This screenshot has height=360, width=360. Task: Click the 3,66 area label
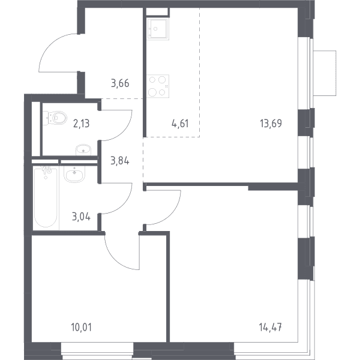(x=120, y=83)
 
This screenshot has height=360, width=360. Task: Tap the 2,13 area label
(x=81, y=124)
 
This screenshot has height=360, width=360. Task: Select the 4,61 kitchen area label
(x=180, y=124)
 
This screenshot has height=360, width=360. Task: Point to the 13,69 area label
(x=271, y=123)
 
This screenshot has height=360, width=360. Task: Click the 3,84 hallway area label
(x=120, y=161)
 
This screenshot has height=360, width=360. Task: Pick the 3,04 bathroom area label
(x=81, y=217)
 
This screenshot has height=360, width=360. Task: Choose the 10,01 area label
(x=82, y=327)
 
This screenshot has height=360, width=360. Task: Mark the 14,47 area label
(x=271, y=327)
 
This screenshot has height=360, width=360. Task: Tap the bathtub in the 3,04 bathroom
(x=46, y=197)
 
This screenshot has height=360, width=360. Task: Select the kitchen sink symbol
(x=158, y=29)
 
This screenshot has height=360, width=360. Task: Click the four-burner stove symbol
(x=158, y=86)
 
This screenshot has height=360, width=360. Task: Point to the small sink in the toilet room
(x=83, y=150)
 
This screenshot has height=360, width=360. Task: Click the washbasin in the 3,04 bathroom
(x=74, y=174)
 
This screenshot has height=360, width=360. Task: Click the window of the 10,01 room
(x=97, y=350)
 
